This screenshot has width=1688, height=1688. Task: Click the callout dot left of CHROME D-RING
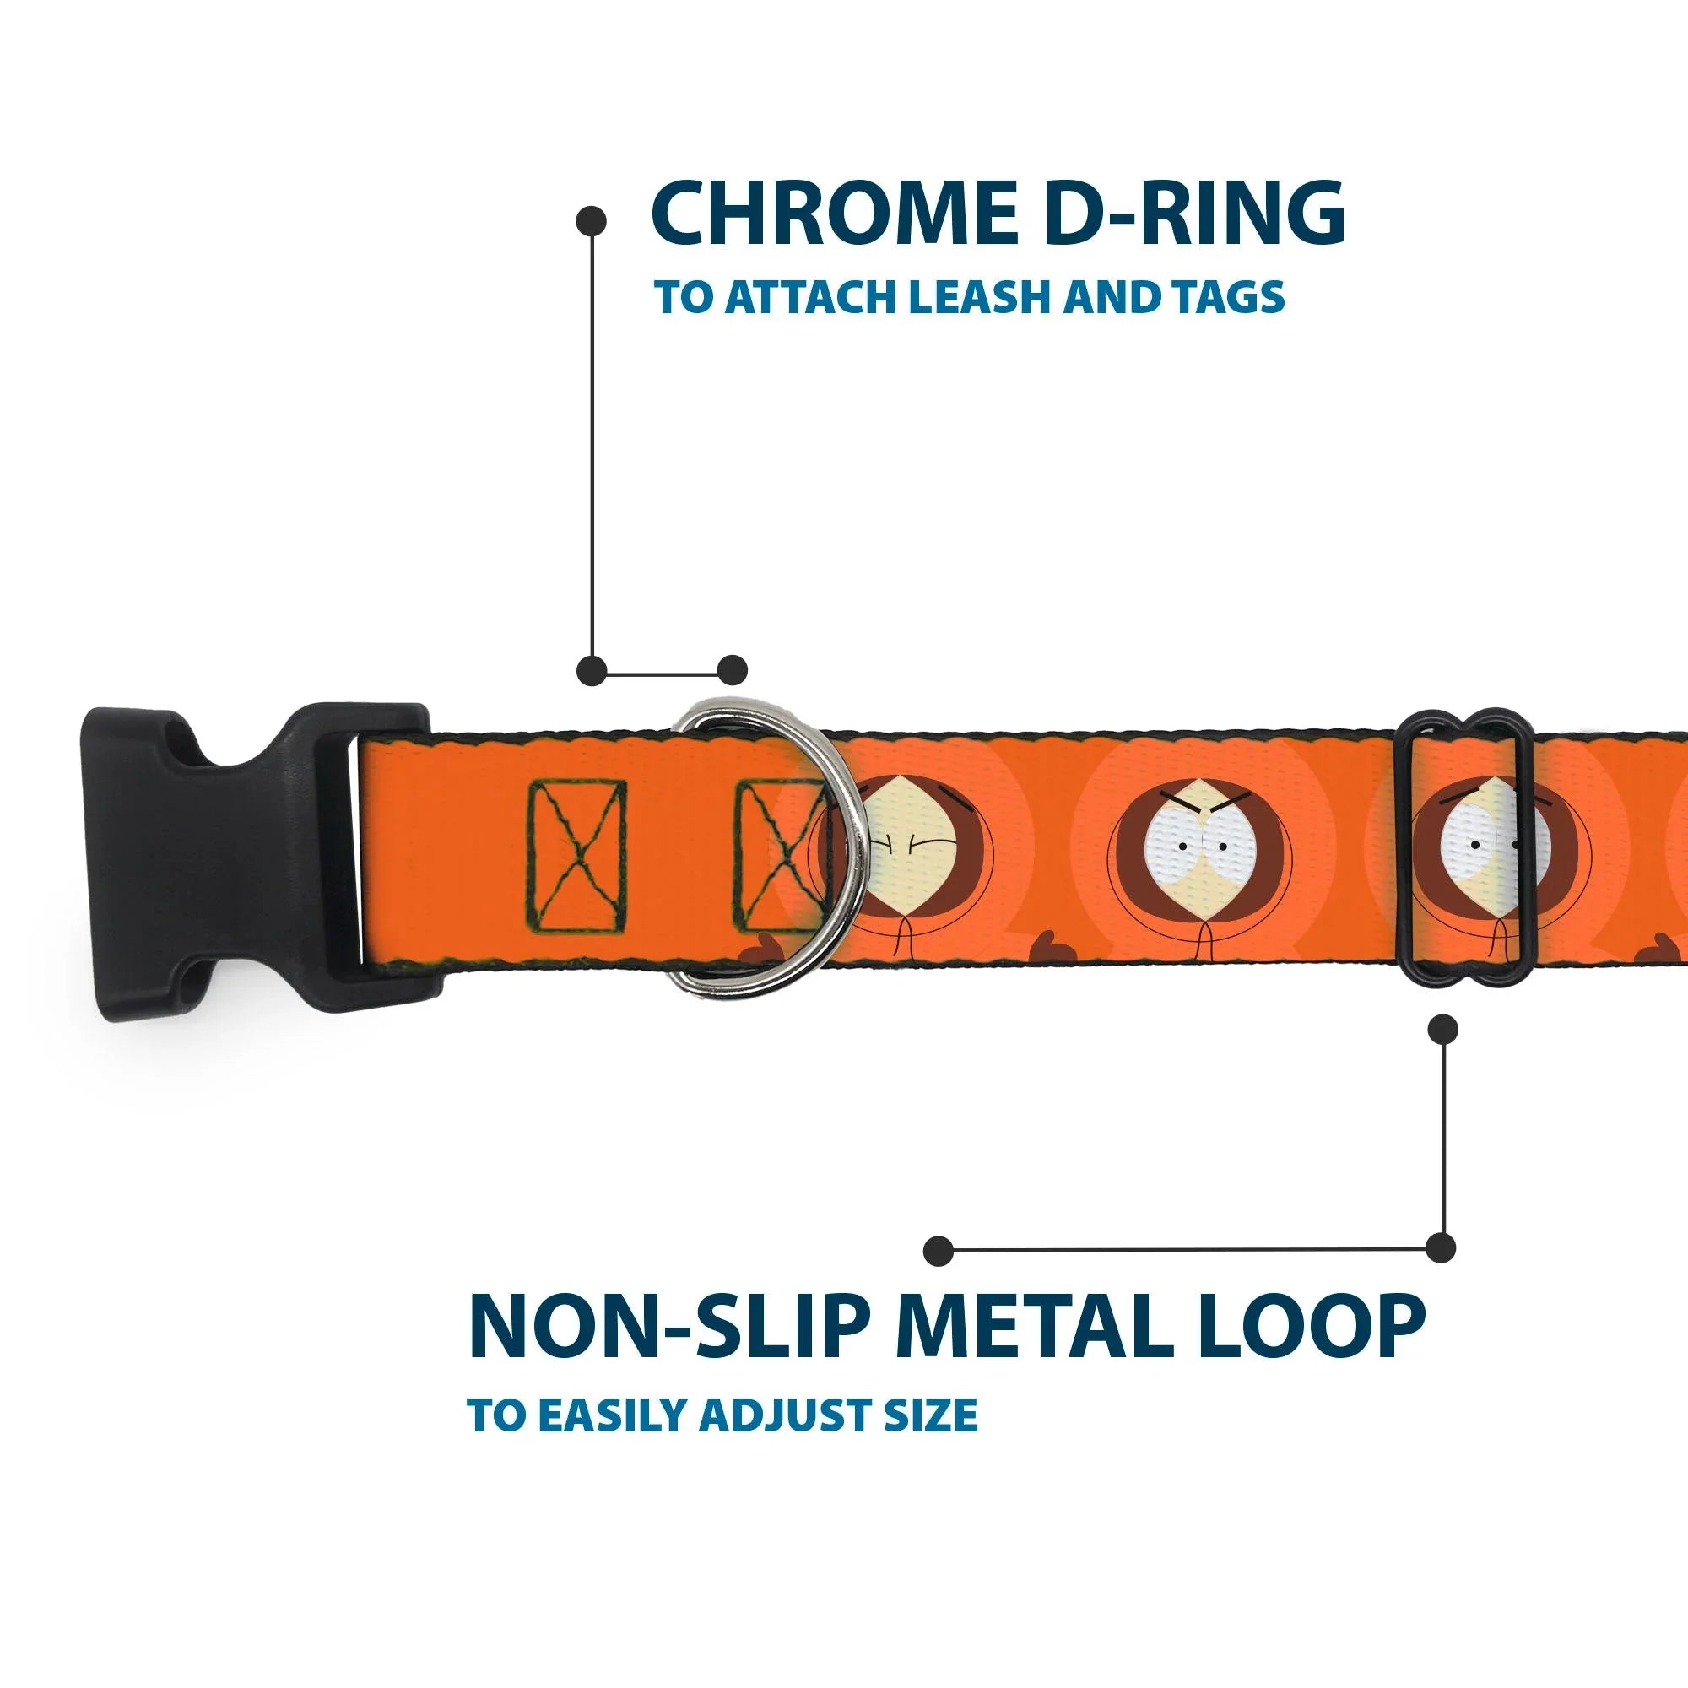click(x=592, y=220)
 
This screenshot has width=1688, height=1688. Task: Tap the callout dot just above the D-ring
click(x=732, y=671)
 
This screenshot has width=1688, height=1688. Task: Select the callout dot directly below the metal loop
click(x=1442, y=1028)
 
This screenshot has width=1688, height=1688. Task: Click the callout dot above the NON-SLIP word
click(x=939, y=1251)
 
